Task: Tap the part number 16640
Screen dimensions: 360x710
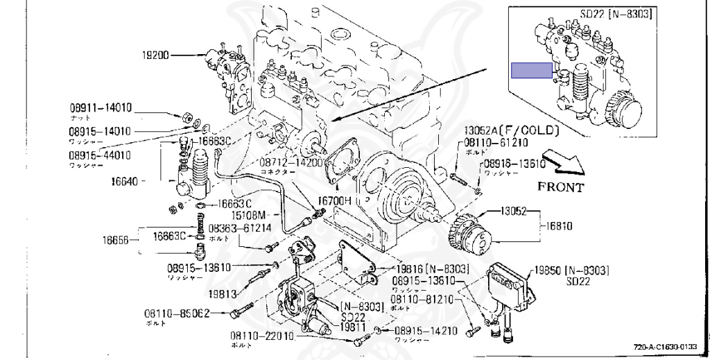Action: pyautogui.click(x=125, y=183)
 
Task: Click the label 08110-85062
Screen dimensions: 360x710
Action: pyautogui.click(x=176, y=314)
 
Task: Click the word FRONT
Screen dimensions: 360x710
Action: pyautogui.click(x=560, y=187)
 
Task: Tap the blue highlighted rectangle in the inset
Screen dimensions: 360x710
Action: pyautogui.click(x=531, y=70)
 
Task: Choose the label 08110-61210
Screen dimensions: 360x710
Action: pyautogui.click(x=496, y=142)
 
